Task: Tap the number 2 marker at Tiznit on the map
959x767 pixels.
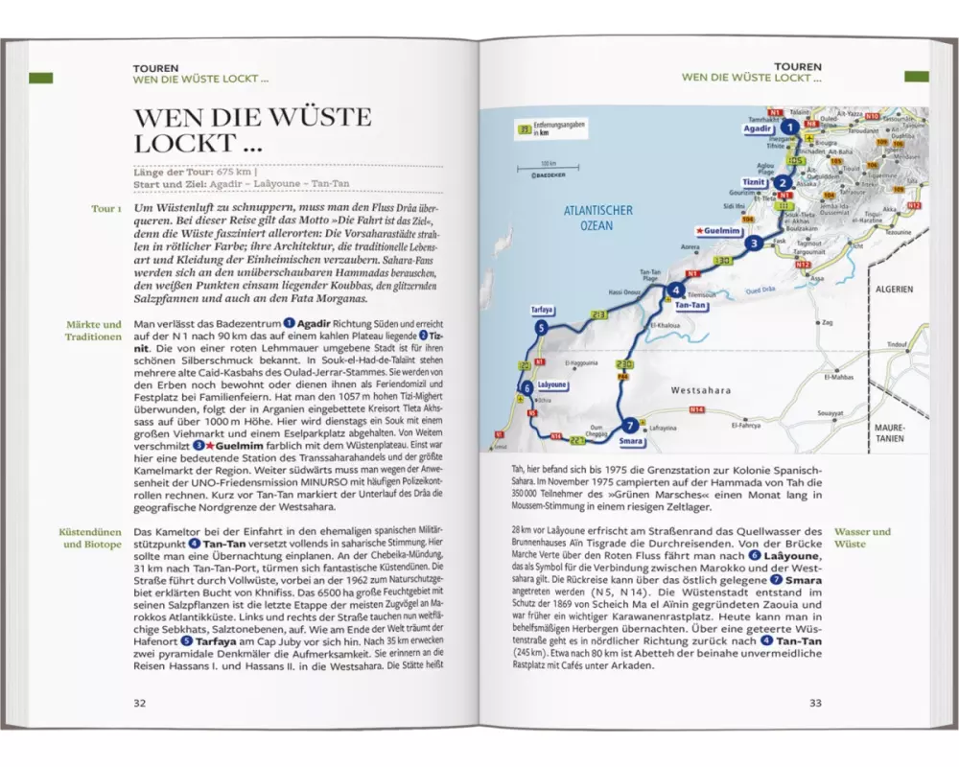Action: point(783,183)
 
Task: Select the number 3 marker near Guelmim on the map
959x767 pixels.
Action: point(755,244)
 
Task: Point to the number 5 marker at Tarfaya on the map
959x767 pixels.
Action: point(542,328)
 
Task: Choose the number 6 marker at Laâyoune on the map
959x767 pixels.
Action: point(527,387)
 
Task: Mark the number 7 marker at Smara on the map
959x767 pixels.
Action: point(628,426)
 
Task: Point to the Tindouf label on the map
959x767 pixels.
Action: point(897,344)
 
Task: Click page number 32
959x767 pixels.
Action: point(140,703)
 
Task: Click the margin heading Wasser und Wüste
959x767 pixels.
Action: point(862,537)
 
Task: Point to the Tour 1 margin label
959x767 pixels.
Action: point(105,208)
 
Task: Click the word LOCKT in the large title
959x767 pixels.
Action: point(172,144)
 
